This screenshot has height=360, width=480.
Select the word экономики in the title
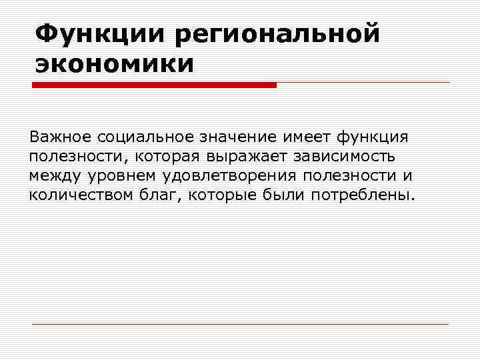pos(114,64)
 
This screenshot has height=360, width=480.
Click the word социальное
pos(145,137)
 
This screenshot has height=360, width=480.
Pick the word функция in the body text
pos(373,137)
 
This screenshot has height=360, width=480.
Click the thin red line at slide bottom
pos(240,324)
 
